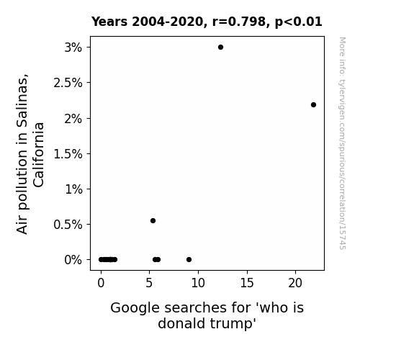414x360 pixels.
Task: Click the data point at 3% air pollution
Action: pos(220,48)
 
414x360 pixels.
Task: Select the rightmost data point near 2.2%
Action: pos(313,105)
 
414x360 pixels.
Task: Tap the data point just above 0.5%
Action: pos(153,220)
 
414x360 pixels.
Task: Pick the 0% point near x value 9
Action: pos(189,260)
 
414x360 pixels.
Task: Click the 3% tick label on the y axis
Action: pos(73,48)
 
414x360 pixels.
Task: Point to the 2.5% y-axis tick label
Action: pos(68,83)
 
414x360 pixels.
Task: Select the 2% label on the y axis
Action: pos(73,119)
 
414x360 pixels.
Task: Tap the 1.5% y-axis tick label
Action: pos(68,154)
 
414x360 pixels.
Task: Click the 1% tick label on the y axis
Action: pos(73,189)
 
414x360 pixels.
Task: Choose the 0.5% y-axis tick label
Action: pos(68,225)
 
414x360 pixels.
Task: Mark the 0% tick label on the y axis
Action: pos(73,260)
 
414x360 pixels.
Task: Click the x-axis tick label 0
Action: pos(101,283)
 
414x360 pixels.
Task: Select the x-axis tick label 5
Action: pos(149,283)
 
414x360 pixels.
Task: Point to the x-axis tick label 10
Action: pos(198,283)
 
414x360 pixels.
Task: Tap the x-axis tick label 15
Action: pos(247,283)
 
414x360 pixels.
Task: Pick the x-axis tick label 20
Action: pos(295,283)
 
